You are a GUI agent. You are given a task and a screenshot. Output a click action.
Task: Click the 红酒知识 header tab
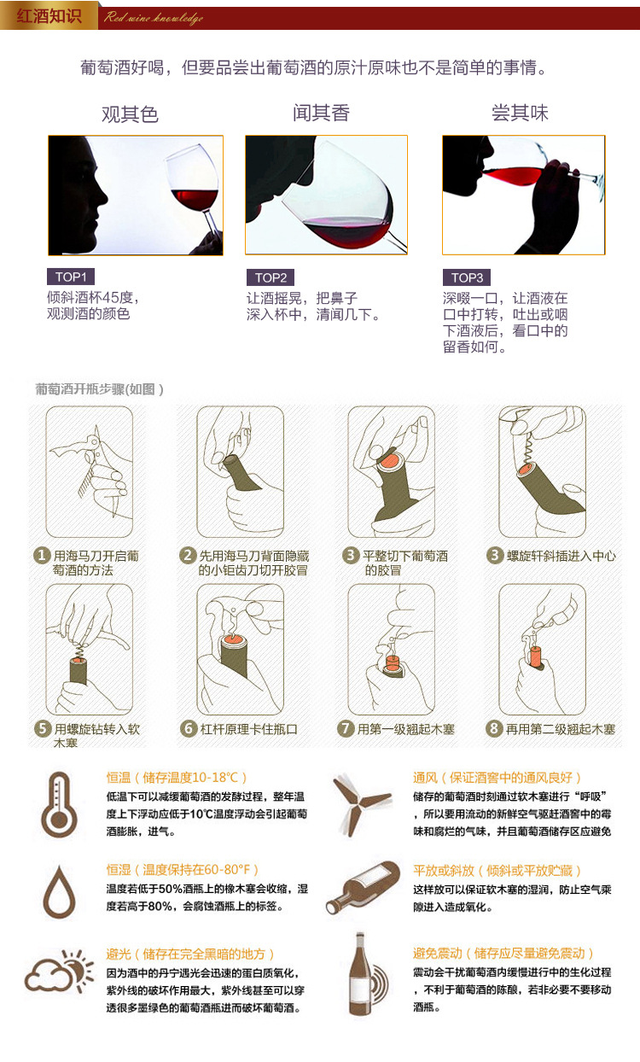point(49,16)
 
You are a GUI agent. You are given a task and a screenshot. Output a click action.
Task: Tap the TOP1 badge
point(71,277)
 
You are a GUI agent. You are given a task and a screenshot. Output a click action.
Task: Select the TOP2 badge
point(271,277)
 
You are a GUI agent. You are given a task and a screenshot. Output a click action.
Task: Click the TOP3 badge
point(467,277)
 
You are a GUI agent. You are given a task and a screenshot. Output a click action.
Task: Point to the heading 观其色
point(131,114)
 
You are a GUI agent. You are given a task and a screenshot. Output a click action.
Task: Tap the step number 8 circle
point(493,729)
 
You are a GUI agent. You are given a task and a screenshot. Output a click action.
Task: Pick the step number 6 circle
point(189,729)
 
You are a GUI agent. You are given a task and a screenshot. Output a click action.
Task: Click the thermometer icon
point(59,802)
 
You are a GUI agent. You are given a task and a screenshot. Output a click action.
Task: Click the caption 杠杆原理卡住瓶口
point(248,729)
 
